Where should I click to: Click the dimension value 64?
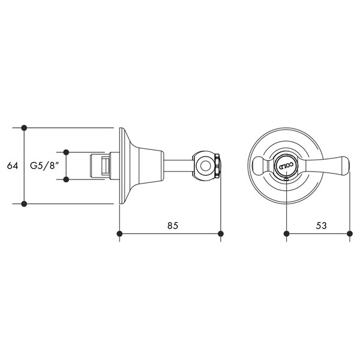(13, 166)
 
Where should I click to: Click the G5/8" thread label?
(43, 166)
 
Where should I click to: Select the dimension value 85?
(173, 226)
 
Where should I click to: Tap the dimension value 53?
(321, 226)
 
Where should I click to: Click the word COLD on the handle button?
(286, 166)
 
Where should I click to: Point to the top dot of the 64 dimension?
(24, 128)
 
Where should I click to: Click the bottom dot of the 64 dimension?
(24, 203)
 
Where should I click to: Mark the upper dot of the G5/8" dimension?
(66, 152)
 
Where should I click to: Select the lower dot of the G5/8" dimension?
(66, 179)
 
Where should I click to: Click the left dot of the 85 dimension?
(119, 234)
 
